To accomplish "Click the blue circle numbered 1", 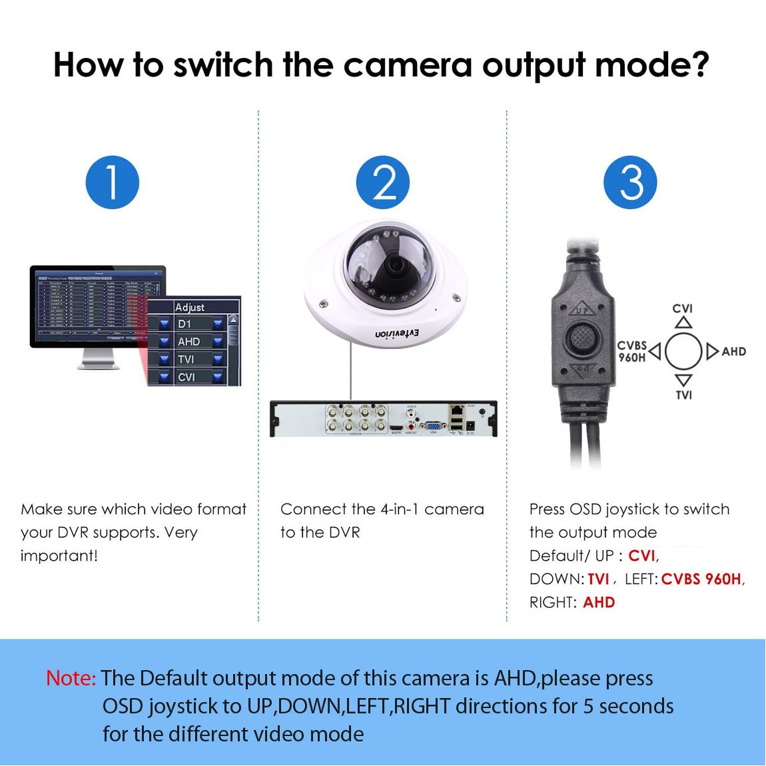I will tap(112, 183).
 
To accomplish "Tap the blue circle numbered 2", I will tap(382, 183).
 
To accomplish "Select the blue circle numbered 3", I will tap(630, 183).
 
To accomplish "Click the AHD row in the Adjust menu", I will tap(189, 341).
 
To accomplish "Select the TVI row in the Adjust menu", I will tap(186, 359).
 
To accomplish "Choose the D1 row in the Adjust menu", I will tap(185, 324).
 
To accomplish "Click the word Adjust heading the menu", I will tap(190, 307).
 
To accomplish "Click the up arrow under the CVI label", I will tap(683, 322).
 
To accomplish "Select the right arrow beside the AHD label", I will tap(712, 351).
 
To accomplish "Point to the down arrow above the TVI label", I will tap(683, 380).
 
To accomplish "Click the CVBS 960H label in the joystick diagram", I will tap(631, 351).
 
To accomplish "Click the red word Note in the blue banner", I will tap(71, 678).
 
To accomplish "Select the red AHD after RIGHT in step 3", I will tap(599, 602).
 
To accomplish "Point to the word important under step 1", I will tap(58, 556).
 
